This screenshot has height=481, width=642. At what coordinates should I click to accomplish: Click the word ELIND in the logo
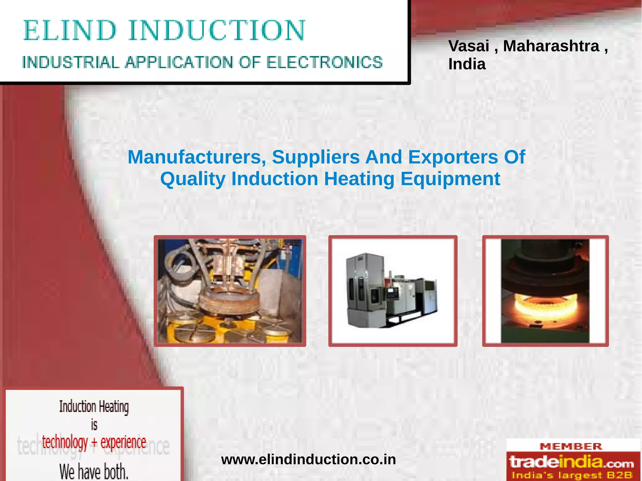(x=70, y=30)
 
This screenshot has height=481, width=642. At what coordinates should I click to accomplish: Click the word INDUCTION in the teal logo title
(x=216, y=30)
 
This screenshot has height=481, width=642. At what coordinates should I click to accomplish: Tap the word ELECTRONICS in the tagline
(x=324, y=62)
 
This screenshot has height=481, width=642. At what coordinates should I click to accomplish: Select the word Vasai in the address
(x=469, y=46)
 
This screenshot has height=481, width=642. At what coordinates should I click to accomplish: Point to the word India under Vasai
(x=467, y=64)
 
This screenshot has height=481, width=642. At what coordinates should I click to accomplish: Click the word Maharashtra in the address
(x=551, y=46)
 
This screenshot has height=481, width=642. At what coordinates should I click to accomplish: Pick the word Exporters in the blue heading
(x=453, y=157)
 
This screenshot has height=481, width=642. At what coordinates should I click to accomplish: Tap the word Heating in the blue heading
(x=359, y=179)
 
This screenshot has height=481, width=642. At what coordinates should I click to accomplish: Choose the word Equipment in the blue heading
(x=450, y=179)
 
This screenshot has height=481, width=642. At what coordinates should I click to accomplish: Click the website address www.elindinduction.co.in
(x=308, y=459)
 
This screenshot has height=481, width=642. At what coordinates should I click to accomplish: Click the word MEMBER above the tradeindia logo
(x=571, y=447)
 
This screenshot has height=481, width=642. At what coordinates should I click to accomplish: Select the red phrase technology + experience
(x=94, y=442)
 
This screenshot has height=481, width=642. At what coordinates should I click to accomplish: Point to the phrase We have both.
(x=94, y=471)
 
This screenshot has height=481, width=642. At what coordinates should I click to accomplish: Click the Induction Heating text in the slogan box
(x=94, y=407)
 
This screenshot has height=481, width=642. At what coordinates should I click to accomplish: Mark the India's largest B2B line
(x=572, y=475)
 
